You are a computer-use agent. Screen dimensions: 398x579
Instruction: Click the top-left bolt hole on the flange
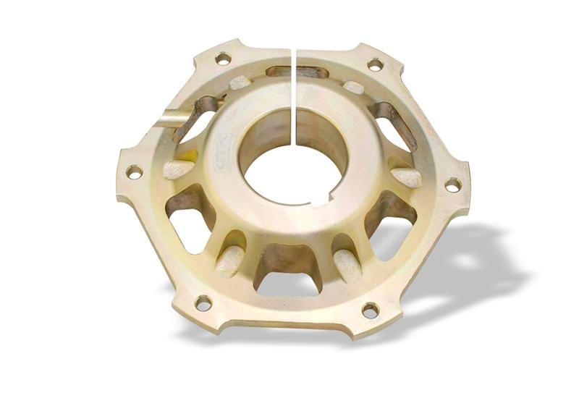pos(223,58)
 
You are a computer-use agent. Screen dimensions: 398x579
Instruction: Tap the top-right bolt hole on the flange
pos(375,64)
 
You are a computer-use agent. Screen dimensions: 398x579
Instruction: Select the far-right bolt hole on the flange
pos(452,185)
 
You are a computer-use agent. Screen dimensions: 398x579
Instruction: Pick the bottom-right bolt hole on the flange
pos(370,310)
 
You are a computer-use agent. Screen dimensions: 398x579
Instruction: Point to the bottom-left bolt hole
pos(203,302)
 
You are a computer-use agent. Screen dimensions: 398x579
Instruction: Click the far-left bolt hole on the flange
pos(134,172)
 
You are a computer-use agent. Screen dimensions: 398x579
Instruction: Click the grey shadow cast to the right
pos(470,261)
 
